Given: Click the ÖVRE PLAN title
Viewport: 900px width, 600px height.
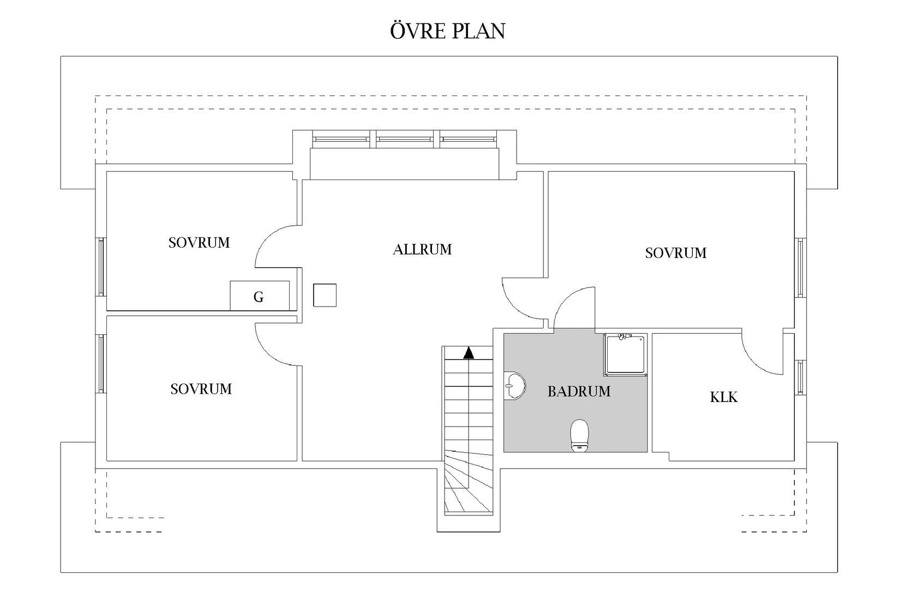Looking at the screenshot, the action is click(x=448, y=31).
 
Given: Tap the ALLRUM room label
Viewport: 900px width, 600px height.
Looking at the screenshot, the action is click(x=422, y=250).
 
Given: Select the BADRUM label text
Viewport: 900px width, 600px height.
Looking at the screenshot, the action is click(x=579, y=392).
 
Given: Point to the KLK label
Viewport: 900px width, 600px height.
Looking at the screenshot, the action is click(x=724, y=397).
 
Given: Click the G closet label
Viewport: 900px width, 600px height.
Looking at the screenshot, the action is click(x=259, y=297).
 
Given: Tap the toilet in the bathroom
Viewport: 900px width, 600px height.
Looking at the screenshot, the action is click(x=579, y=435).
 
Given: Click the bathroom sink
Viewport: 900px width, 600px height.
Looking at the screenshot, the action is click(x=515, y=386).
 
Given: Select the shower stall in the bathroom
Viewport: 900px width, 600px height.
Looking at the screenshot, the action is click(x=625, y=355).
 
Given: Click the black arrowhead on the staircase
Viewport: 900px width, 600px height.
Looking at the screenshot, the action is click(x=469, y=353).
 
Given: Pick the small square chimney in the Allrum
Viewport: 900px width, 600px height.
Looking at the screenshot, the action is click(x=325, y=296).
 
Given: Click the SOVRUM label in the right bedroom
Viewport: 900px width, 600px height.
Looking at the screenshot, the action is click(x=676, y=253).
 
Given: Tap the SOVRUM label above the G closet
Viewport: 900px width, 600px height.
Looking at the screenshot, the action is click(x=199, y=243).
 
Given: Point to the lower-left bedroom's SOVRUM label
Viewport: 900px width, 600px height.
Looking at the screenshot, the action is click(x=201, y=389).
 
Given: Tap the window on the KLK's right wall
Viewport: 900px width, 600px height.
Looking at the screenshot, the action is click(x=800, y=377).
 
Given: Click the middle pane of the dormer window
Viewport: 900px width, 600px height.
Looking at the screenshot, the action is click(x=405, y=140).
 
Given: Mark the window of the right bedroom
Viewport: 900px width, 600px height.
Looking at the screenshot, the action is click(x=800, y=268).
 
